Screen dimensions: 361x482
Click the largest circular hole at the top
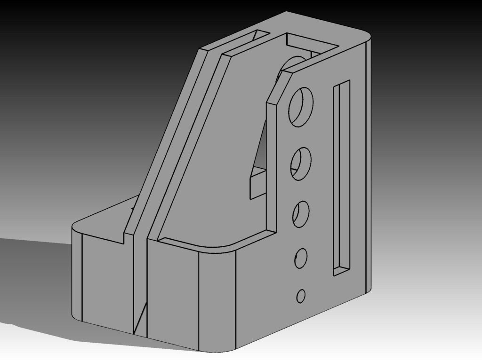point(301,106)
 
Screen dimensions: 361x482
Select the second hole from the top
point(301,164)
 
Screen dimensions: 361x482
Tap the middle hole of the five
point(301,214)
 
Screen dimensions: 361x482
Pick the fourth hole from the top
point(301,258)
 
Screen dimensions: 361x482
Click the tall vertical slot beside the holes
point(342,179)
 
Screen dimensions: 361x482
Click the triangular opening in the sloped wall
point(260,146)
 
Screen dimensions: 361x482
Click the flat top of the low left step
point(104,221)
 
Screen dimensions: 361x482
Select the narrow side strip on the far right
point(368,165)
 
